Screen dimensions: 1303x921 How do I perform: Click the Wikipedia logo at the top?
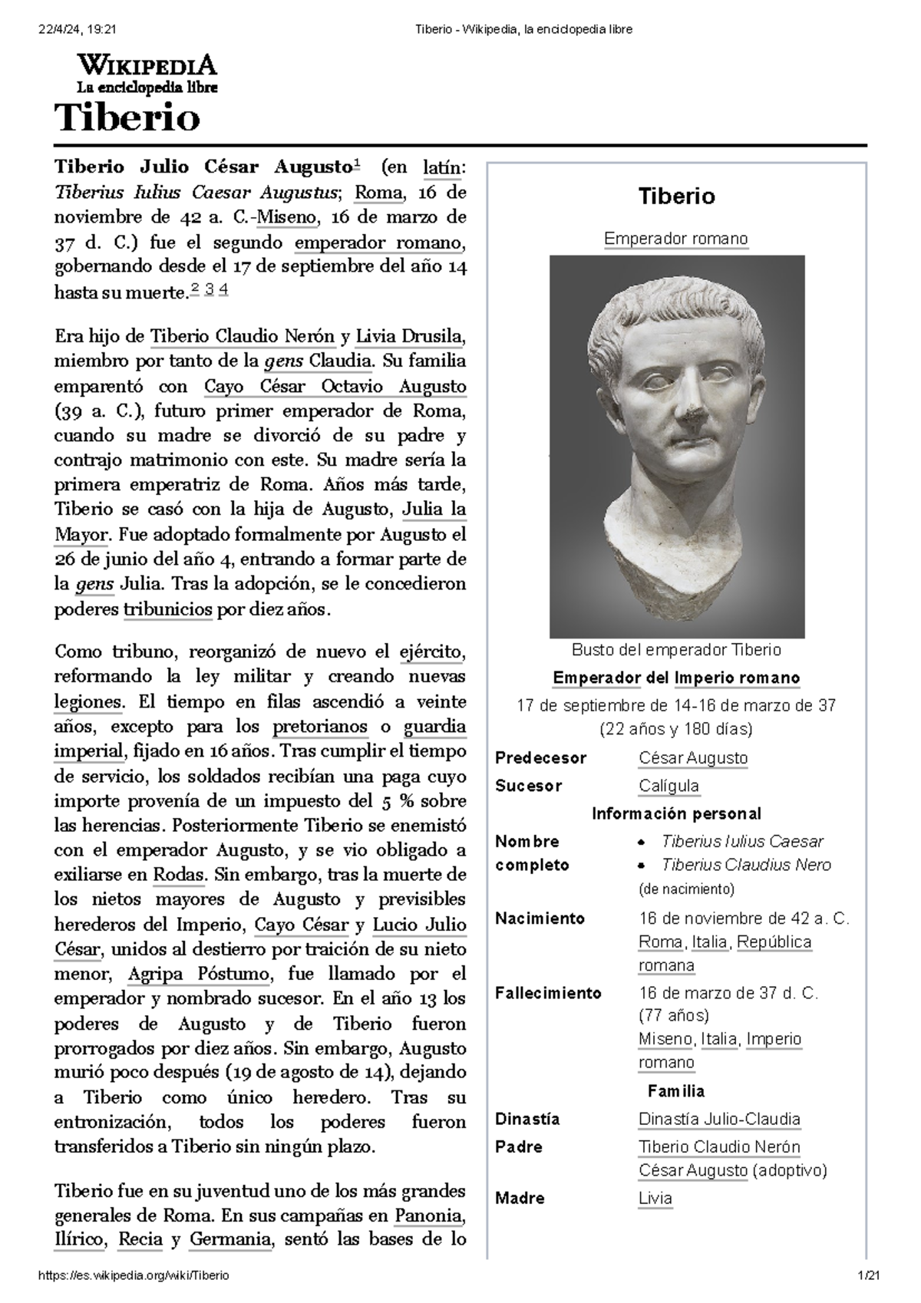(x=146, y=74)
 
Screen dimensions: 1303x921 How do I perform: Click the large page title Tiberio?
(x=127, y=119)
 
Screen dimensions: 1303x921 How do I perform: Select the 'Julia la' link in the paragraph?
(x=434, y=510)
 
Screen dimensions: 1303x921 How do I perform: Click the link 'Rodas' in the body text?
(x=179, y=875)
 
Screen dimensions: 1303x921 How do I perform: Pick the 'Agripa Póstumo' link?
(x=199, y=975)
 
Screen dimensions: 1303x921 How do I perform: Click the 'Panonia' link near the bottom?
(x=429, y=1216)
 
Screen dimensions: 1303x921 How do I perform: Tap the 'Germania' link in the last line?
(x=230, y=1240)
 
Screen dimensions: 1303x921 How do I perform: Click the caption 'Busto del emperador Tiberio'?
(x=676, y=650)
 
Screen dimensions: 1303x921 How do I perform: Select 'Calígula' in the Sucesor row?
(x=668, y=786)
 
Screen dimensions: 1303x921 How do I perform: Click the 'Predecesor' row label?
(x=540, y=758)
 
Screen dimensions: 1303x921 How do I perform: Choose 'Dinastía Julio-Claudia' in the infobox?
(x=719, y=1119)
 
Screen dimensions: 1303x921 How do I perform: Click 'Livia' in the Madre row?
(x=655, y=1198)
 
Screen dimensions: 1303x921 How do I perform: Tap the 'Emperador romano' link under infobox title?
(x=676, y=239)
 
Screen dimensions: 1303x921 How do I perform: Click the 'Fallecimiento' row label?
(x=548, y=993)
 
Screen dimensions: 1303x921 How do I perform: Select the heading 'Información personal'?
(x=676, y=813)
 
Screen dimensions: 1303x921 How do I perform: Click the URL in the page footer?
(x=134, y=1275)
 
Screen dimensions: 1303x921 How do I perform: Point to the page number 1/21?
(x=870, y=1275)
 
